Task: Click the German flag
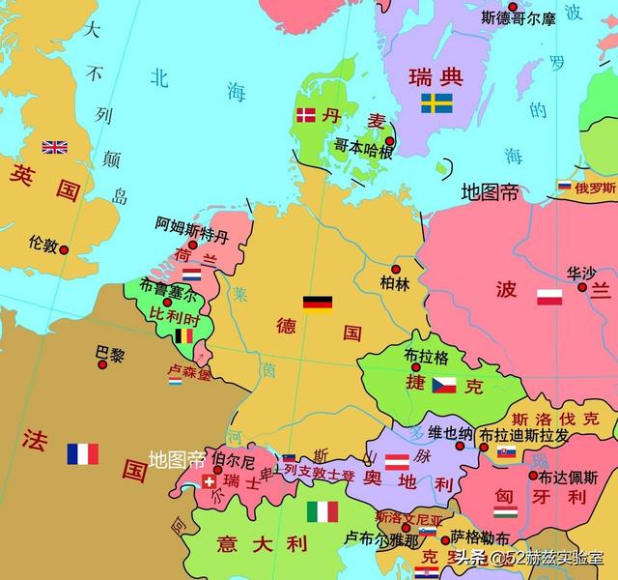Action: [x=318, y=304]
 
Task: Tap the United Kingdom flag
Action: [x=54, y=148]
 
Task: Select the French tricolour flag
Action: [x=83, y=453]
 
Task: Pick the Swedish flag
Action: [x=436, y=102]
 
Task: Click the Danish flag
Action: [x=305, y=115]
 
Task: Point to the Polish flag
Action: [x=549, y=297]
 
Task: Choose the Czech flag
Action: [x=443, y=385]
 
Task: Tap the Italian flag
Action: [x=323, y=511]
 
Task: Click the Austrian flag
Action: [x=397, y=462]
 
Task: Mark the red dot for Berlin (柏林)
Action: [x=395, y=269]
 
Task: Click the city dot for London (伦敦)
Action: [x=64, y=249]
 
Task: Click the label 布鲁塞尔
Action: [x=166, y=287]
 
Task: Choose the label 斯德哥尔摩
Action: [x=519, y=17]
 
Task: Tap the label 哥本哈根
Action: [x=363, y=148]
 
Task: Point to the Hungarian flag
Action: [x=505, y=511]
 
